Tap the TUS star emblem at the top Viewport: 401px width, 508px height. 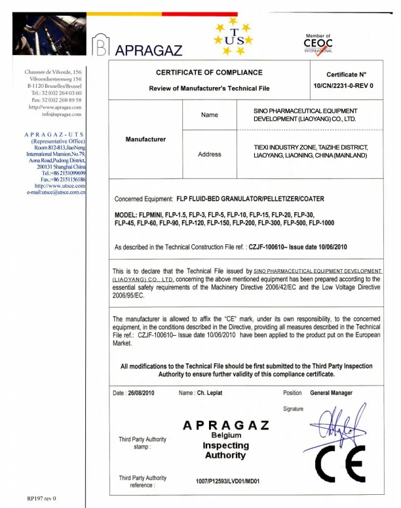coord(233,38)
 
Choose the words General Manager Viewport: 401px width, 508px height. coord(331,393)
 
